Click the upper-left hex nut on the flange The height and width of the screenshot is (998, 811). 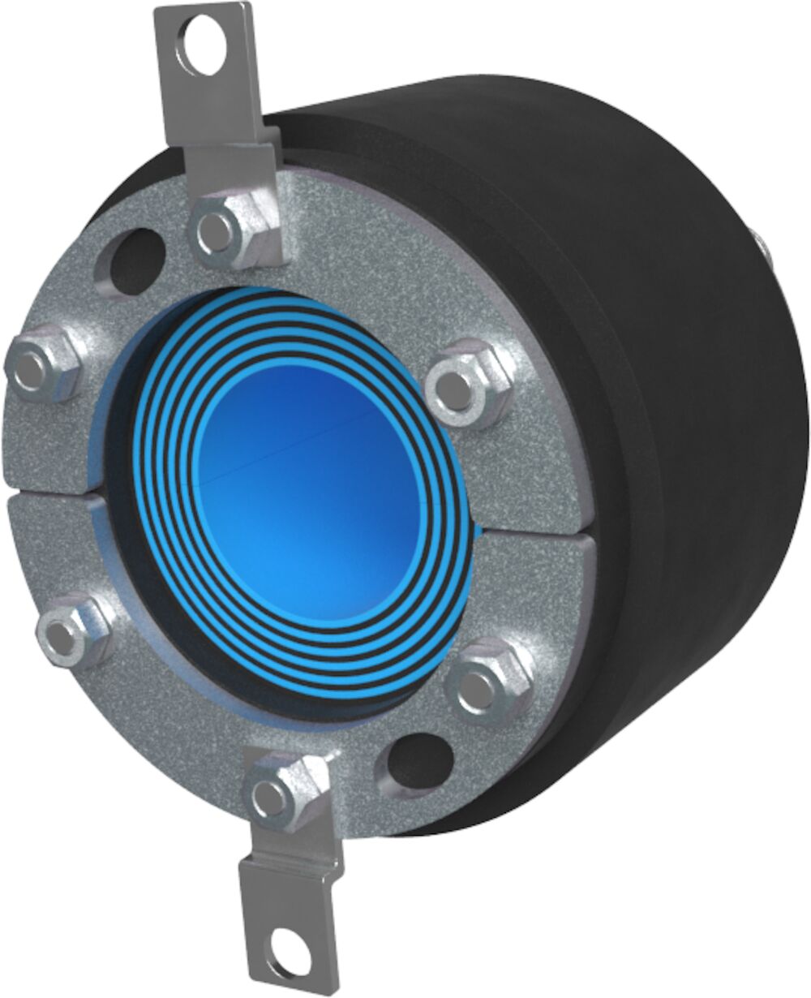click(x=42, y=367)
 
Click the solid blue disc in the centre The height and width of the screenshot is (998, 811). click(x=312, y=487)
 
